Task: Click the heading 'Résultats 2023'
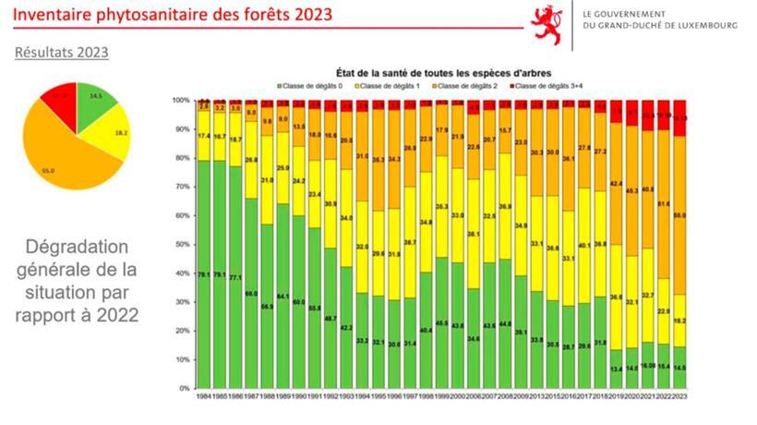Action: point(62,53)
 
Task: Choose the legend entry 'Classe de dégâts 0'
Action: point(311,85)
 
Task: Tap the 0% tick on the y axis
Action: point(184,388)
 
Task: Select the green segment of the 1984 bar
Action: point(205,277)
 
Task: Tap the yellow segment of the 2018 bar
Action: point(627,244)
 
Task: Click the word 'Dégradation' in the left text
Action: point(78,249)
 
